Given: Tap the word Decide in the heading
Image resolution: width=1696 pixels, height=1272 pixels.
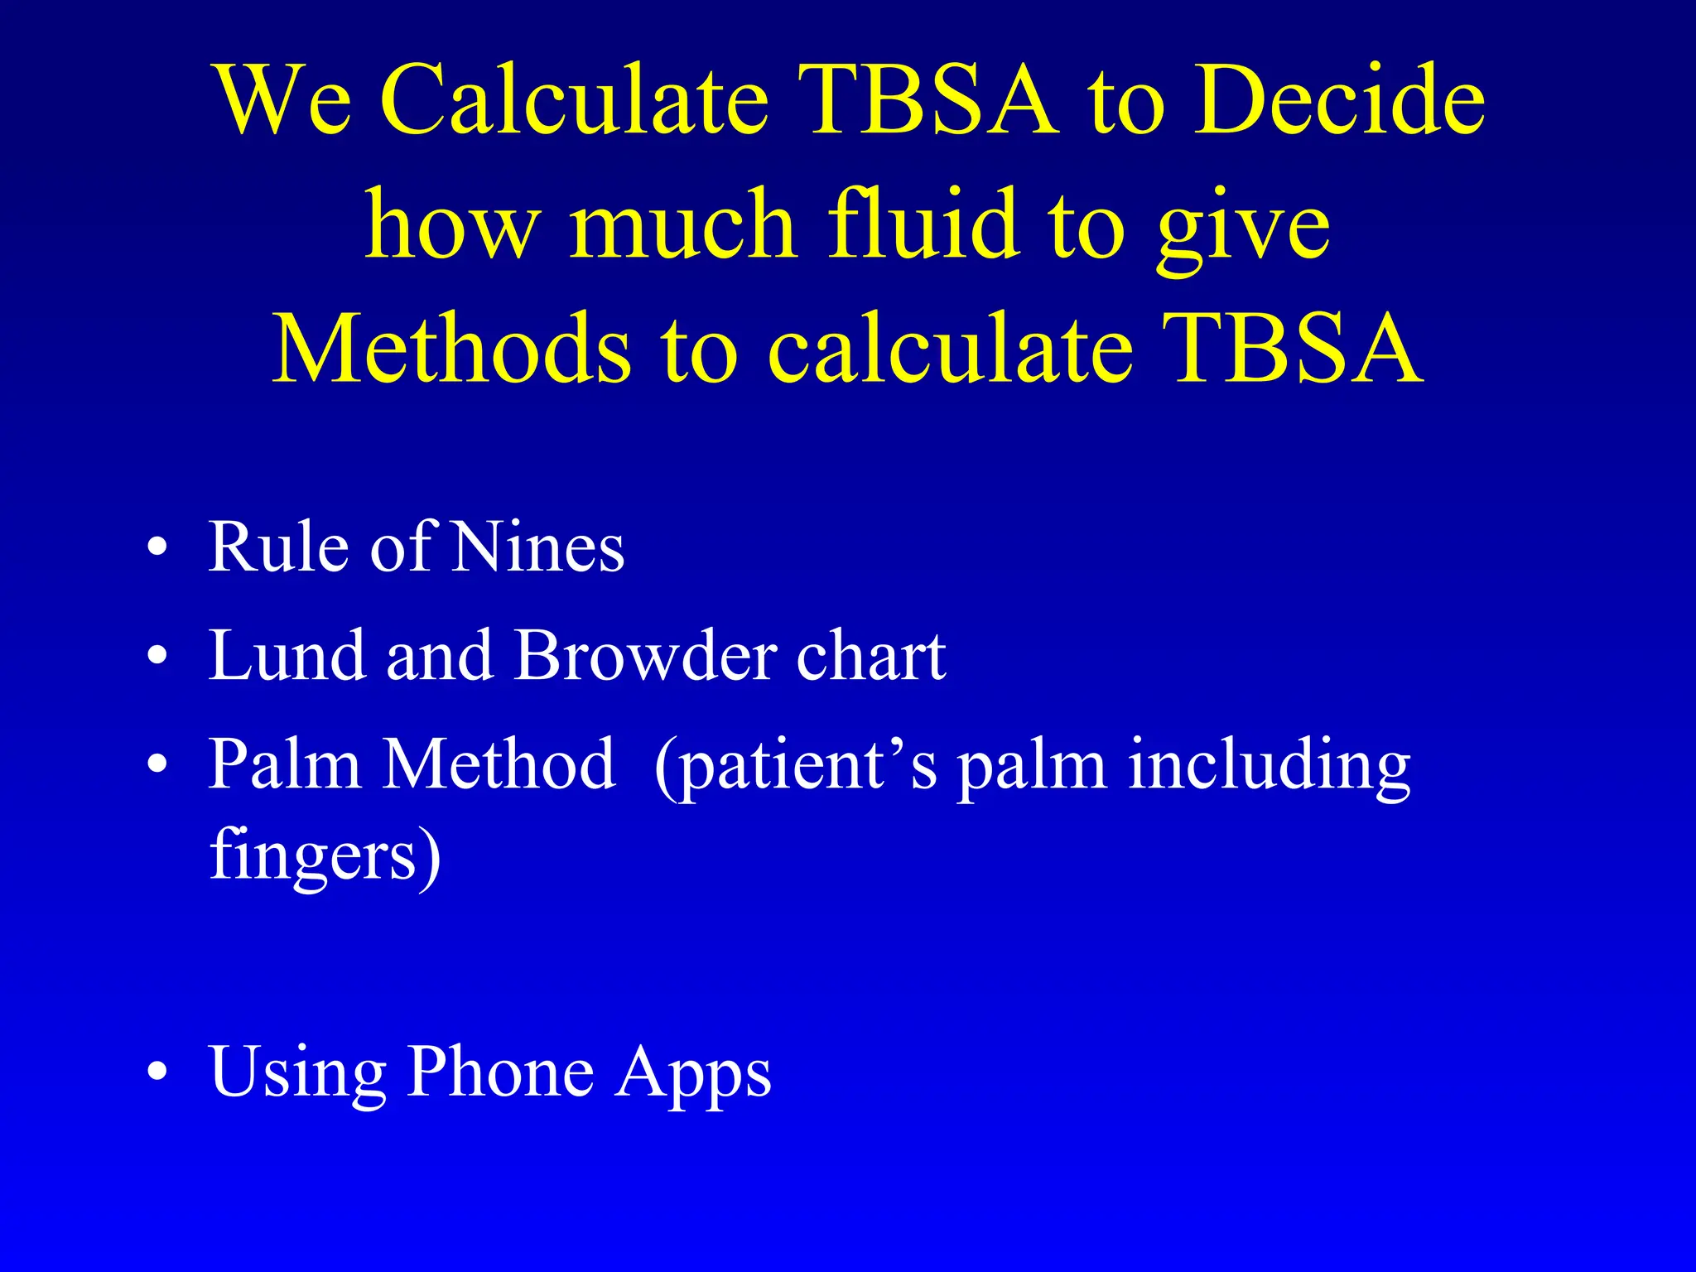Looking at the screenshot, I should tap(1338, 101).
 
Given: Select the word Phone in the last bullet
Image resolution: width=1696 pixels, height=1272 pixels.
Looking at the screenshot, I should tap(500, 1072).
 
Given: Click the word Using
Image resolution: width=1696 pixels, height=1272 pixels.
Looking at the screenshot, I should tap(297, 1073).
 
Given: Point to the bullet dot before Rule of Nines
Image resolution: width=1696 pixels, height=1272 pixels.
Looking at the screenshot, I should tap(157, 548).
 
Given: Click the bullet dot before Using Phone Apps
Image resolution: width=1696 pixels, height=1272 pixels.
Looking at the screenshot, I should tap(157, 1073).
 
